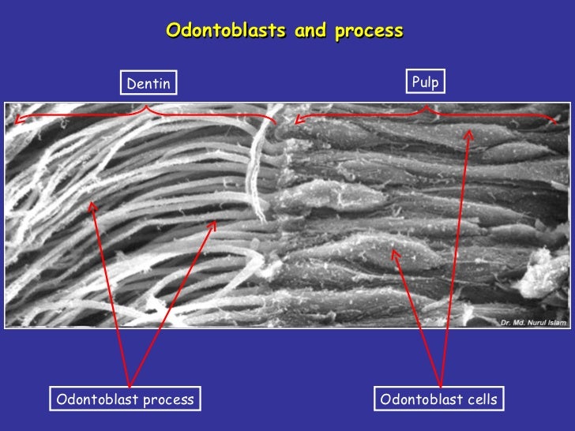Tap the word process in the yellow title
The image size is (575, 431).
pyautogui.click(x=369, y=32)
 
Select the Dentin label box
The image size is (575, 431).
pyautogui.click(x=148, y=83)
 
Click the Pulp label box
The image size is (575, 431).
pyautogui.click(x=425, y=81)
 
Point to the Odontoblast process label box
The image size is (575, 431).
pyautogui.click(x=124, y=399)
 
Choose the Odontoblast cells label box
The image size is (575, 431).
pyautogui.click(x=438, y=399)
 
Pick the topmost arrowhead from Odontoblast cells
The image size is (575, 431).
pyautogui.click(x=468, y=134)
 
